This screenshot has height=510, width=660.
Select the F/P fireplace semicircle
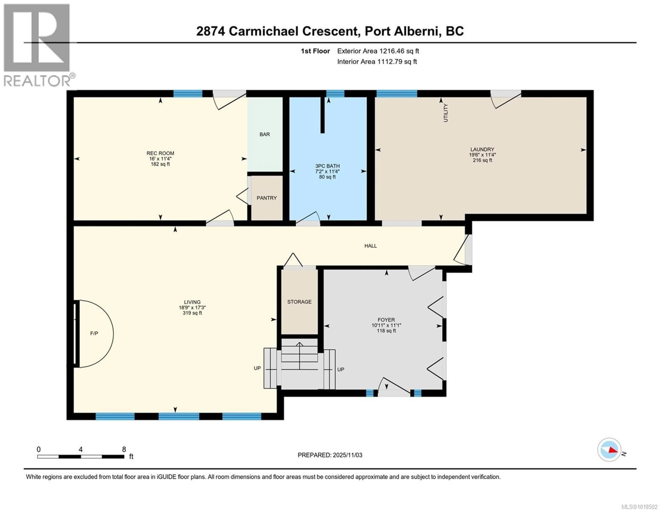click(x=94, y=333)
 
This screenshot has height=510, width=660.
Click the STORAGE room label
click(x=299, y=302)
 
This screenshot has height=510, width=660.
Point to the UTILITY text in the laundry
click(x=445, y=113)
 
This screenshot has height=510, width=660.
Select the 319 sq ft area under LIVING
click(x=192, y=313)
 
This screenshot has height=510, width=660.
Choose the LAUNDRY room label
click(x=482, y=149)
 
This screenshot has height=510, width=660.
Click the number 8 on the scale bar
click(x=124, y=449)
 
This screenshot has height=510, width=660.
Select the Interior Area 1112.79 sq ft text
click(x=377, y=62)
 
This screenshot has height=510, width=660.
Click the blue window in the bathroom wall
click(x=335, y=93)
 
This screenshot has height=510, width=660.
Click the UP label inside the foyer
click(x=341, y=369)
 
